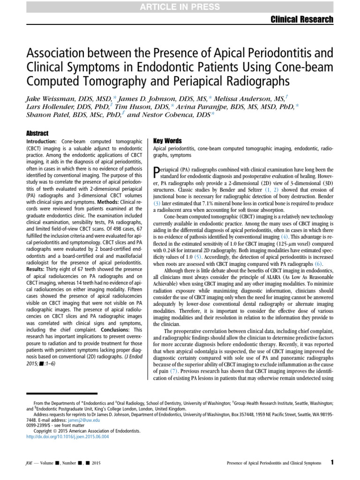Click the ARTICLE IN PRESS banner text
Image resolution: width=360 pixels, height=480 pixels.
point(180,6)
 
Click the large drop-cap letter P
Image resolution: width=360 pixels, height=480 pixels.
point(158,172)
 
